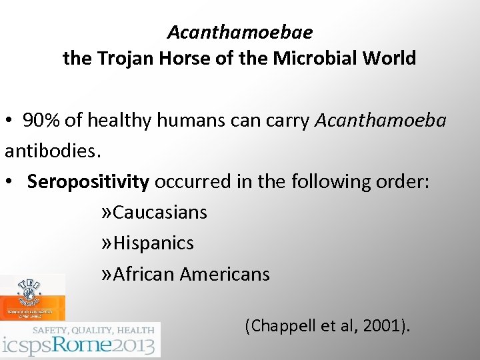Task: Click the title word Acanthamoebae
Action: (240, 32)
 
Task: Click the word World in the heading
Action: (390, 59)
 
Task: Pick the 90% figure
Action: (42, 121)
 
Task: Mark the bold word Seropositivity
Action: (88, 182)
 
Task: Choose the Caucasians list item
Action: (160, 213)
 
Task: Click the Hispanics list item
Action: (153, 243)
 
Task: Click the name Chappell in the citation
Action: (280, 326)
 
